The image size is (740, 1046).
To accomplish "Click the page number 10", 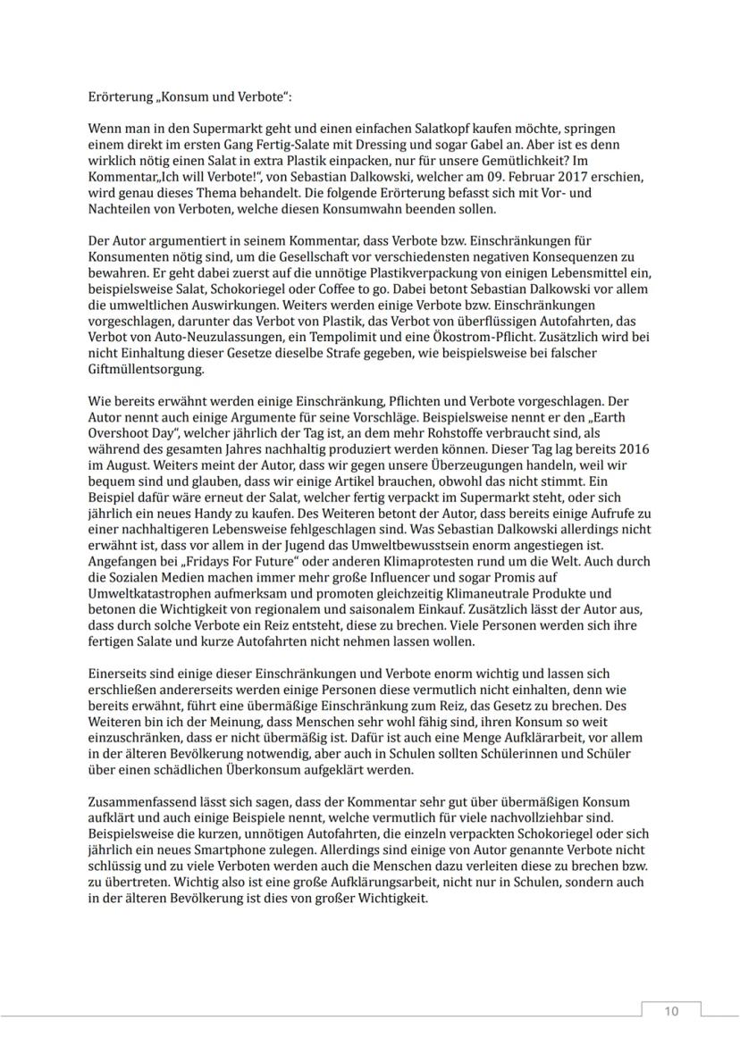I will (670, 1010).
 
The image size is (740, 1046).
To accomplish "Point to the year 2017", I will (537, 178).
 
